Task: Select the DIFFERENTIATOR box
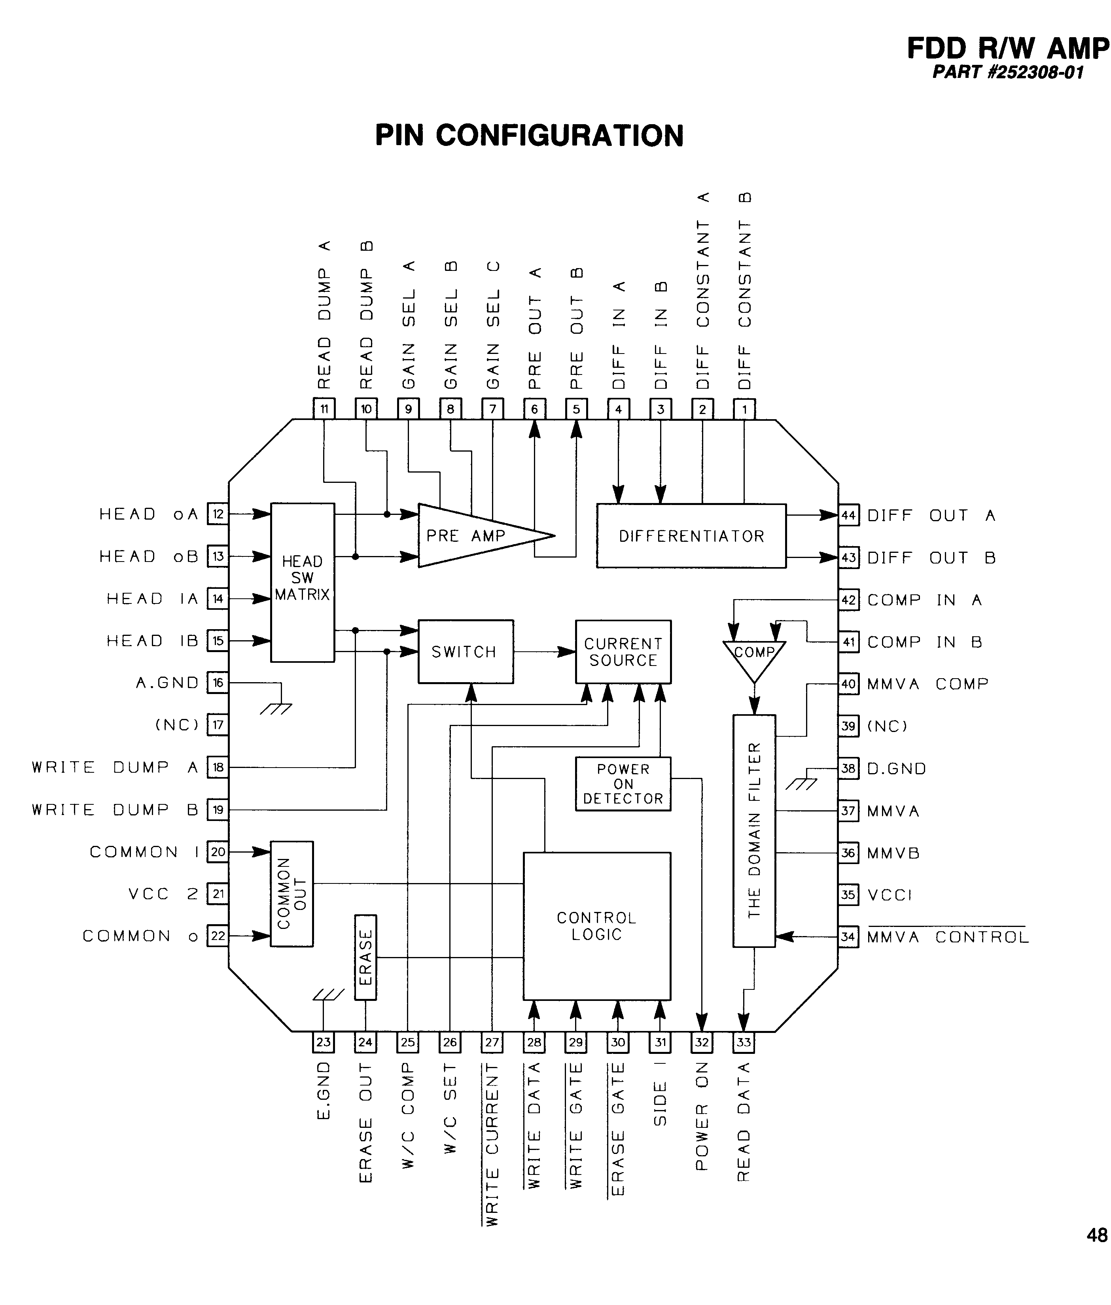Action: [x=691, y=536]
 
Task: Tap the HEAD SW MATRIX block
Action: [x=302, y=582]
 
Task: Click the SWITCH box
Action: [x=466, y=652]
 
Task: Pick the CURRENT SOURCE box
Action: [x=623, y=652]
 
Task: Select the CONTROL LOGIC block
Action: [x=596, y=926]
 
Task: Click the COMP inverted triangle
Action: [x=754, y=658]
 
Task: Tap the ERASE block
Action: [x=366, y=957]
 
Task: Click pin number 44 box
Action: [x=848, y=516]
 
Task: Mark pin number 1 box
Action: [x=744, y=409]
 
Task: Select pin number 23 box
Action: [x=324, y=1042]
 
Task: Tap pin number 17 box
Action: [x=218, y=725]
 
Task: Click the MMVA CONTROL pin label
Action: [x=947, y=937]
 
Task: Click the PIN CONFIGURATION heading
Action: [x=529, y=135]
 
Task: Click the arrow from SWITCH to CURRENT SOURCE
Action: [x=544, y=652]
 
